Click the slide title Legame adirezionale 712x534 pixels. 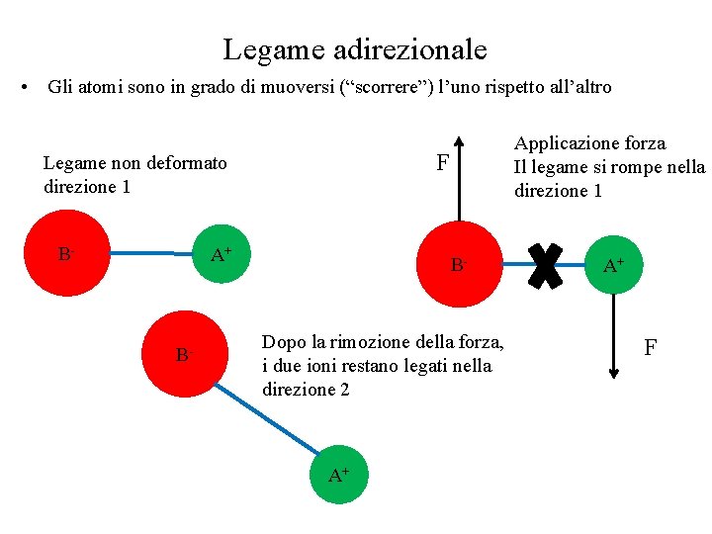click(355, 47)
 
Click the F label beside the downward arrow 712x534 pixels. click(650, 347)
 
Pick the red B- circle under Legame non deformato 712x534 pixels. click(66, 254)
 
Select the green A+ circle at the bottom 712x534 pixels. click(339, 475)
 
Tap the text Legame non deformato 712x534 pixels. click(135, 163)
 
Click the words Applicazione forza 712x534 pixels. click(589, 143)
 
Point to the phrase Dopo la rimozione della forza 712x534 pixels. click(383, 342)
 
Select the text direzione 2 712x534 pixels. click(306, 390)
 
